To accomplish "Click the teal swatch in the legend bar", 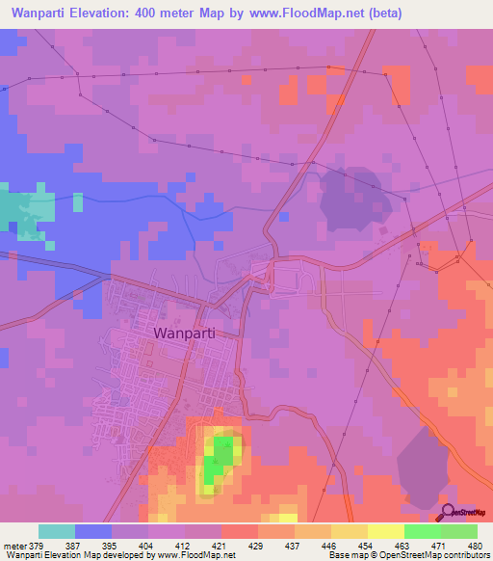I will point(57,531).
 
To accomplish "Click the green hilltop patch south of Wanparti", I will point(221,458).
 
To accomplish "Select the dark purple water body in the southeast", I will point(425,467).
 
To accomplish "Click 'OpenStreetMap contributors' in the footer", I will point(444,555).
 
